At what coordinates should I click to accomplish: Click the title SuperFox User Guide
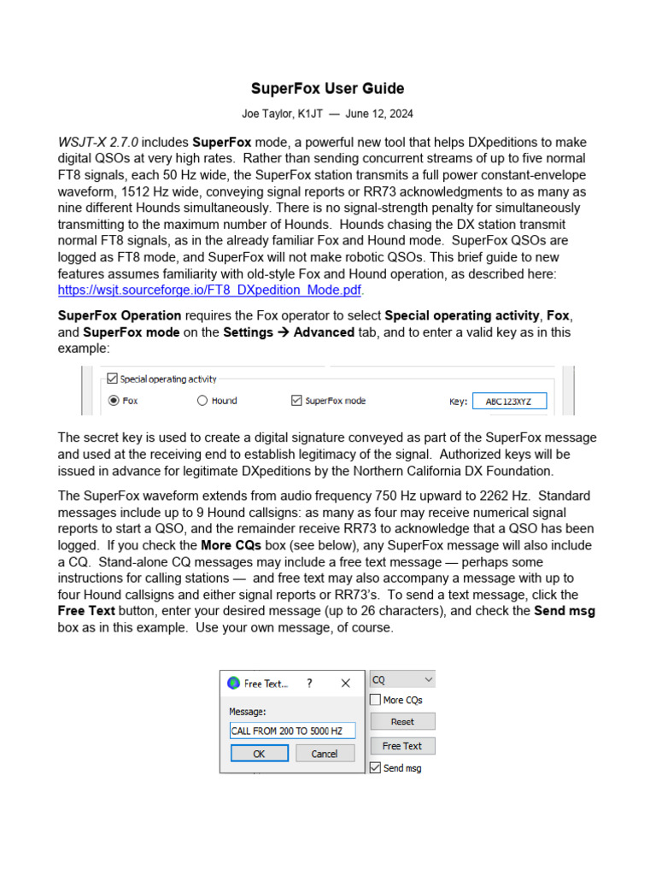point(327,89)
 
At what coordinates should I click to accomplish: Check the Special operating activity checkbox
point(112,379)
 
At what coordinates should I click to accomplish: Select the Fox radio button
point(114,400)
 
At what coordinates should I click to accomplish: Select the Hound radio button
point(202,400)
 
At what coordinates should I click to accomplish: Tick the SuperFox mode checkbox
point(296,400)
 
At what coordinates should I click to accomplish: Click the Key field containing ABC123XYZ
point(510,401)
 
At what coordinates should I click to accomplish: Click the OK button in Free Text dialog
point(259,754)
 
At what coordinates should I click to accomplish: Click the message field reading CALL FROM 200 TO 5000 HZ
point(291,731)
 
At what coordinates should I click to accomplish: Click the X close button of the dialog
point(346,684)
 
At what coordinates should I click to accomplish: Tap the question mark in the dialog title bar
point(309,684)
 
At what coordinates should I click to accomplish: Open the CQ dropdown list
point(401,680)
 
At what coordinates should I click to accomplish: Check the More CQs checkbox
point(375,700)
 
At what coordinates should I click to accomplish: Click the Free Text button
point(401,746)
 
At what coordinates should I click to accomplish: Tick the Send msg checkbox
point(375,768)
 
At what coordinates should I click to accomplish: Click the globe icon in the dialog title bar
point(233,684)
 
